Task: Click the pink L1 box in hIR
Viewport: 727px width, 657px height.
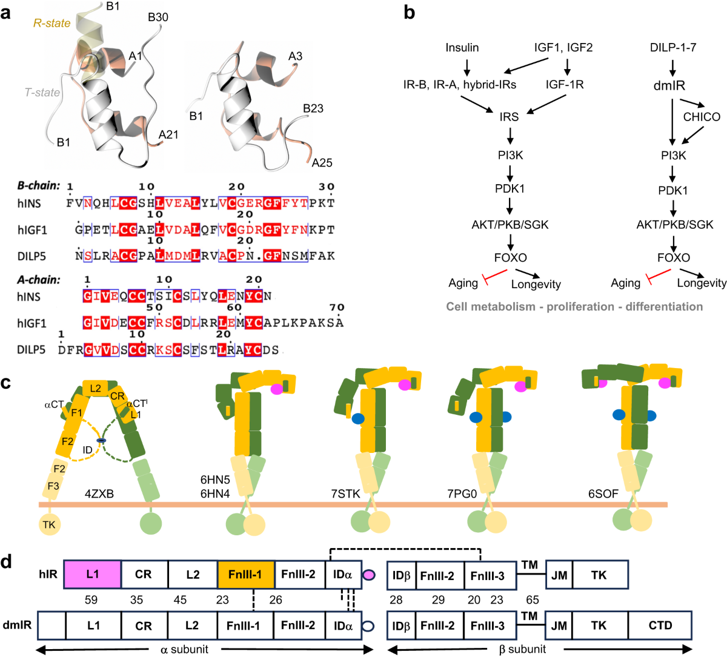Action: (93, 574)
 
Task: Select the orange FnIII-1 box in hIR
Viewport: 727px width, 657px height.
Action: (246, 574)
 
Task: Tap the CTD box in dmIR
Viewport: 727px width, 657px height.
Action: (660, 625)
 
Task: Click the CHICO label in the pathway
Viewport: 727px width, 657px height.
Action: (702, 117)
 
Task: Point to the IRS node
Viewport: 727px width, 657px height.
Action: (509, 117)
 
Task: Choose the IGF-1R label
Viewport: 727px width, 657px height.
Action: (565, 85)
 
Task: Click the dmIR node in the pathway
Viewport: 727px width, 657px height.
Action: (669, 85)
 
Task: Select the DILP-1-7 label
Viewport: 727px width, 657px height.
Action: (673, 47)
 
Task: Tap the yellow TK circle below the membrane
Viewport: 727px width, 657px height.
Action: (49, 524)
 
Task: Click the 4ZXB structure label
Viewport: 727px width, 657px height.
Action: (99, 494)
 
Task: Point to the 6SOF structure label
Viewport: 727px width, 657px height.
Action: (603, 494)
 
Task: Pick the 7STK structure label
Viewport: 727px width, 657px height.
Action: (346, 494)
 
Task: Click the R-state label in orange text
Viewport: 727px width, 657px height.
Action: (52, 23)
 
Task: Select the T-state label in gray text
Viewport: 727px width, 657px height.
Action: (42, 93)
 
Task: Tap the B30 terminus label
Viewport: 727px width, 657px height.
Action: (158, 17)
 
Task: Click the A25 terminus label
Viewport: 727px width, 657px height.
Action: (322, 163)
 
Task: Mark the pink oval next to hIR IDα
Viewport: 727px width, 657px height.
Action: (369, 575)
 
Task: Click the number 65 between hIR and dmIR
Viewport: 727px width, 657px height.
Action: (533, 599)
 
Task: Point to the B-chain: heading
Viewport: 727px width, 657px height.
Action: (39, 185)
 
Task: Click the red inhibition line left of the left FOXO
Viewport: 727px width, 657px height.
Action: (496, 277)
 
